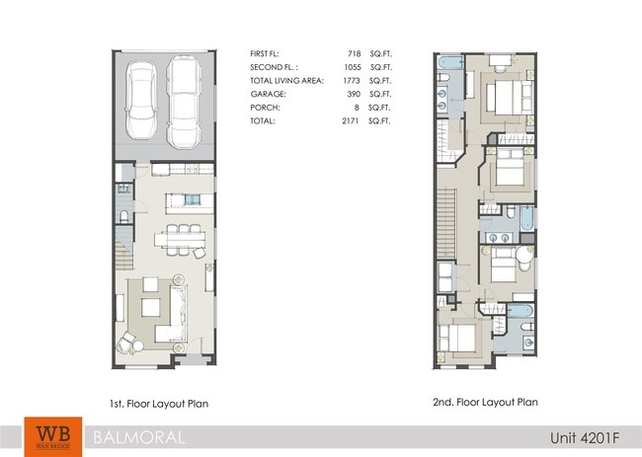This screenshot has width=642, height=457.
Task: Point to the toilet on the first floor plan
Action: pyautogui.click(x=121, y=215)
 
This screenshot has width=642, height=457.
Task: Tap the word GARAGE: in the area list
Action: pyautogui.click(x=269, y=95)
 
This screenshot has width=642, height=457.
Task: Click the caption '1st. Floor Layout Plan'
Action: pyautogui.click(x=161, y=403)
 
